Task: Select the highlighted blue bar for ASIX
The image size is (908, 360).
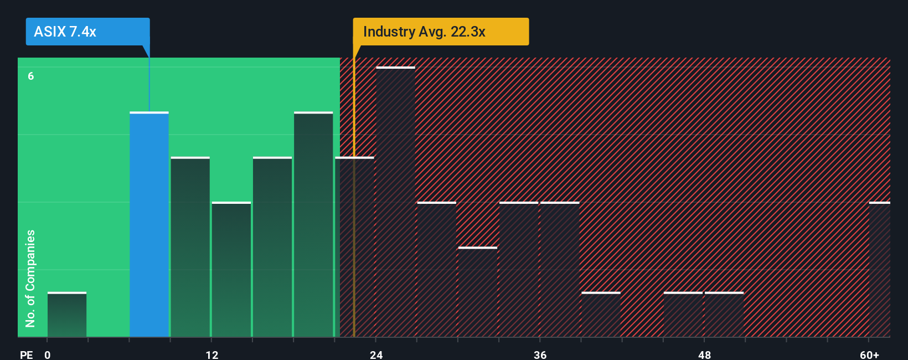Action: (x=149, y=224)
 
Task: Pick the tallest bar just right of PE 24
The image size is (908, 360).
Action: (x=395, y=202)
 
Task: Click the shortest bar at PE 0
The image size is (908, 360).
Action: (x=67, y=315)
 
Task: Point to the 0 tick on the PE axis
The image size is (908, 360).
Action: (x=48, y=354)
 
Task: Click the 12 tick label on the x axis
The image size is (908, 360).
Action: (x=212, y=354)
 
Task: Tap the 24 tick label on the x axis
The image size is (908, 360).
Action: (x=376, y=354)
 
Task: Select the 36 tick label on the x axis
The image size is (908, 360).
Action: (x=540, y=354)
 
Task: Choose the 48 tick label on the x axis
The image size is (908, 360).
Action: (x=704, y=354)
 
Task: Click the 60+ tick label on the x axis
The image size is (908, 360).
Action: (x=869, y=354)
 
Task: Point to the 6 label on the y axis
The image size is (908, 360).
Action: (x=31, y=76)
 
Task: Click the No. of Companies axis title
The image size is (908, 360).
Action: (x=30, y=278)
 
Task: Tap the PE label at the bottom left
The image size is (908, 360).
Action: (x=26, y=354)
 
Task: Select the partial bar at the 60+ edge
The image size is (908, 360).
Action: (x=880, y=270)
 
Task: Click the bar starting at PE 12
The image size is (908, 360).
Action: (x=231, y=270)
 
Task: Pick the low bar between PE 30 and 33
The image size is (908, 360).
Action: (x=478, y=292)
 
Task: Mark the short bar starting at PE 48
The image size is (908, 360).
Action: (x=724, y=315)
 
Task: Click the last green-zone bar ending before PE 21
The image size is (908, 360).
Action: (x=313, y=224)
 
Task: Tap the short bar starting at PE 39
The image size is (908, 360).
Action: (x=601, y=315)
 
